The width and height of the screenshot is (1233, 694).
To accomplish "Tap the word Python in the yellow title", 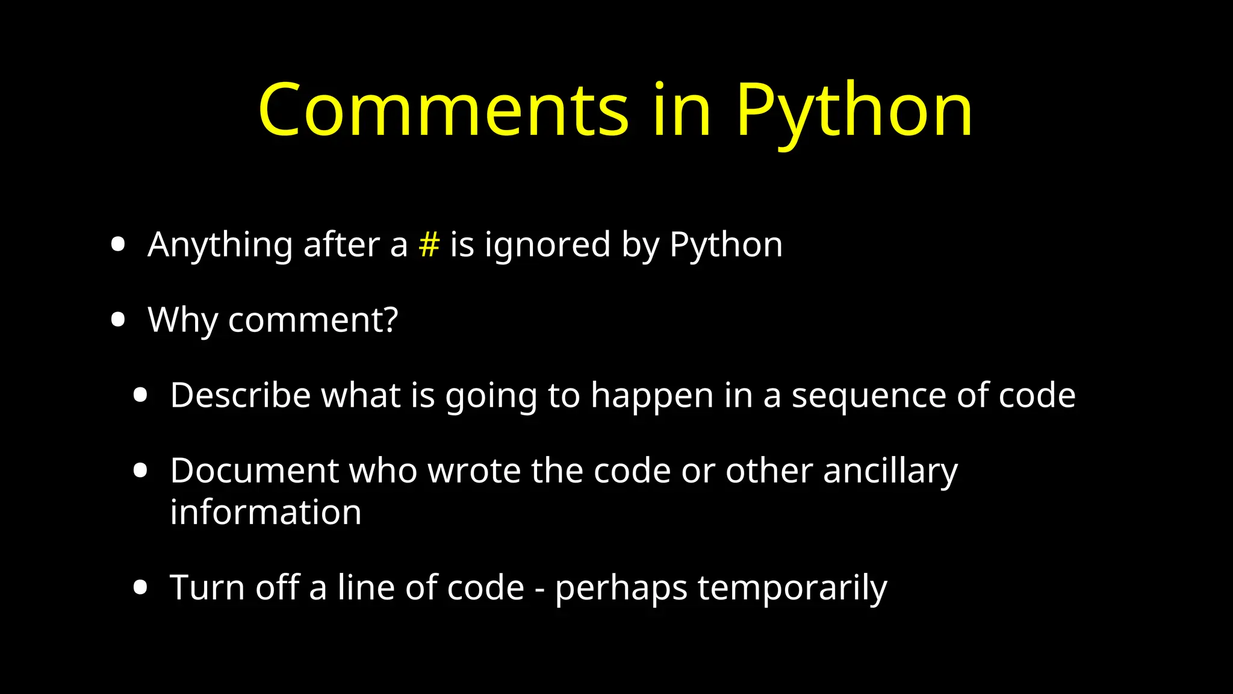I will pyautogui.click(x=854, y=111).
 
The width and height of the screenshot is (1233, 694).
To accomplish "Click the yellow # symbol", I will pyautogui.click(x=429, y=245).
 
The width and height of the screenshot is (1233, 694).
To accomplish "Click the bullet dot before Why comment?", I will pyautogui.click(x=118, y=319).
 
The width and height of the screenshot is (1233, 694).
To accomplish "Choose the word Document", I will pyautogui.click(x=255, y=470).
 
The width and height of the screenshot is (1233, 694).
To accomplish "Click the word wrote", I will pyautogui.click(x=474, y=470).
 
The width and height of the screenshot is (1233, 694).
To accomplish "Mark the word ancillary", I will pyautogui.click(x=890, y=472).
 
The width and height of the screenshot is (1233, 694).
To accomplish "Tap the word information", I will pyautogui.click(x=266, y=513).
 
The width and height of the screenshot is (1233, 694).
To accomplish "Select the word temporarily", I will pyautogui.click(x=792, y=589).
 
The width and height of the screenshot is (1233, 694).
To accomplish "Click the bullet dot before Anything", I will pyautogui.click(x=118, y=245).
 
